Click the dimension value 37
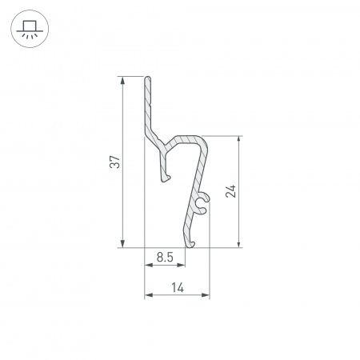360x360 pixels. pos(115,162)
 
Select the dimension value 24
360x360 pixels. pos(230,191)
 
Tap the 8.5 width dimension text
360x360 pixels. pos(165,258)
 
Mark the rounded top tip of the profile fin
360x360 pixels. pos(147,79)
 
